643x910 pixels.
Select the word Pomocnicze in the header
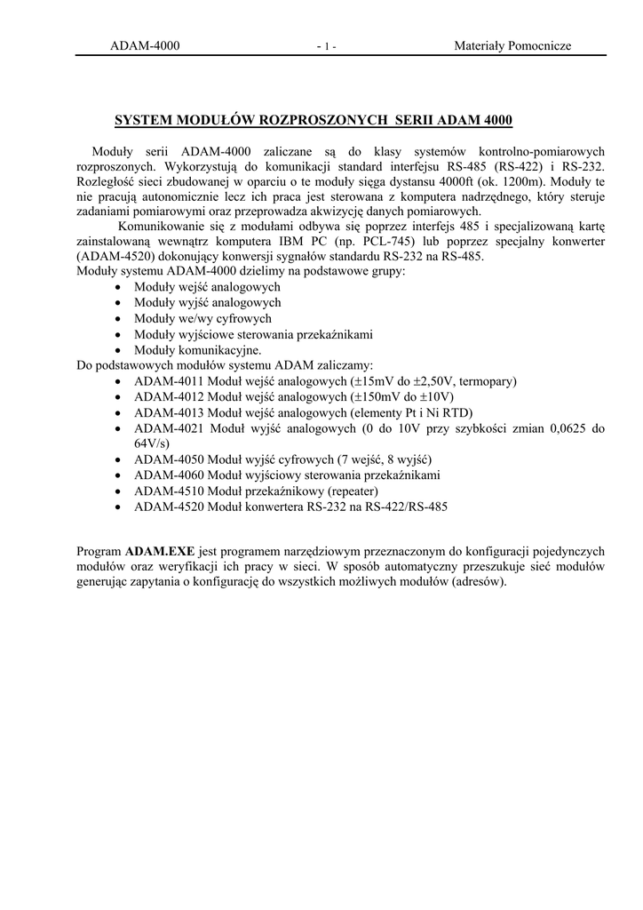[540, 46]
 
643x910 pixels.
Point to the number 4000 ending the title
[496, 120]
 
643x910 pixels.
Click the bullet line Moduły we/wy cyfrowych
[202, 318]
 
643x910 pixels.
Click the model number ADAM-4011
[169, 381]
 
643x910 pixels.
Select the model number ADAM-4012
[169, 397]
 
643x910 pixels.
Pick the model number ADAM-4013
[169, 412]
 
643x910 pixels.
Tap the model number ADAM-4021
[169, 428]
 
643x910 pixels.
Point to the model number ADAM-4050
[169, 459]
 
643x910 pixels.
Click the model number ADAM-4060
[169, 475]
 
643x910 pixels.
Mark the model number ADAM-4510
[169, 491]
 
